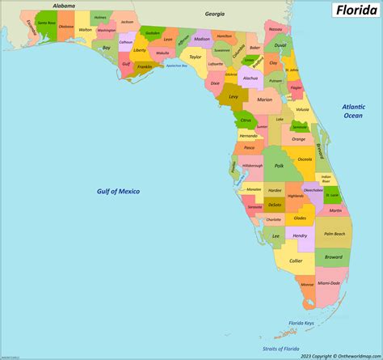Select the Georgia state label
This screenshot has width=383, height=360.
(214, 14)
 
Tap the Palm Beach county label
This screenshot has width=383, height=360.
(335, 233)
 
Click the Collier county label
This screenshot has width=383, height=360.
(297, 260)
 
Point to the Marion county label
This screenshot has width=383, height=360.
(264, 100)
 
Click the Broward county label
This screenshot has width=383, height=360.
(334, 256)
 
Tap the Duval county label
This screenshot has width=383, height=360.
(279, 46)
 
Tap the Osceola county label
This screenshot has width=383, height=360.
(305, 159)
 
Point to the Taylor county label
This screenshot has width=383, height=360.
(196, 57)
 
